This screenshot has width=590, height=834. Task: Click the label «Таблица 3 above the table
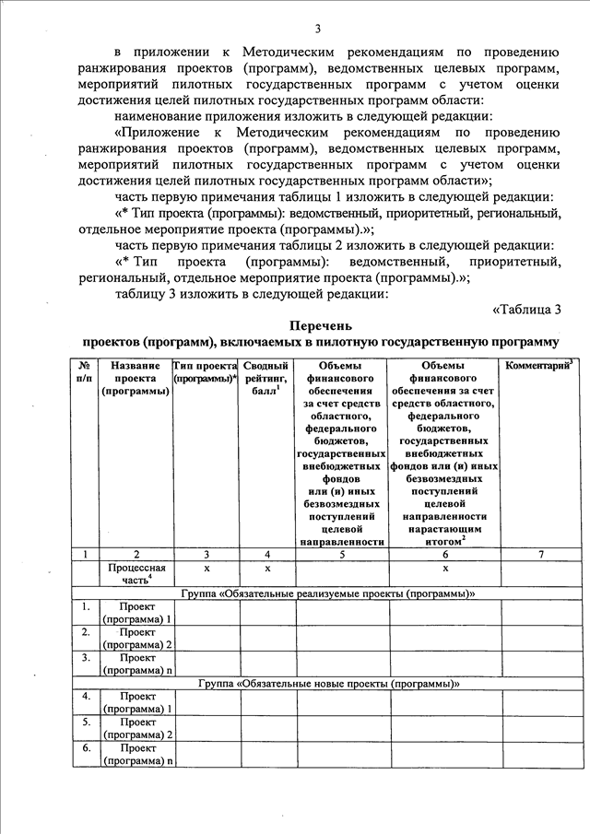(x=527, y=308)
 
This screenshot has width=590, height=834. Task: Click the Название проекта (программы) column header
(x=136, y=378)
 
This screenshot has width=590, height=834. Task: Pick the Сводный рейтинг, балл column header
(x=266, y=378)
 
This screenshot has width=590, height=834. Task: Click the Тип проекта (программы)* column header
(x=205, y=371)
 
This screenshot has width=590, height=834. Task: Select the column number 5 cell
(x=341, y=555)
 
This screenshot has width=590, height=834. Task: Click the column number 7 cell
(x=541, y=555)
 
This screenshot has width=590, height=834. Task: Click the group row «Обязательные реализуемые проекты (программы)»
(x=329, y=593)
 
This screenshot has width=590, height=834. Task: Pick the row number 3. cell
(x=85, y=658)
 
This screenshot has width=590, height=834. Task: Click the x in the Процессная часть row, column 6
(x=444, y=569)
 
